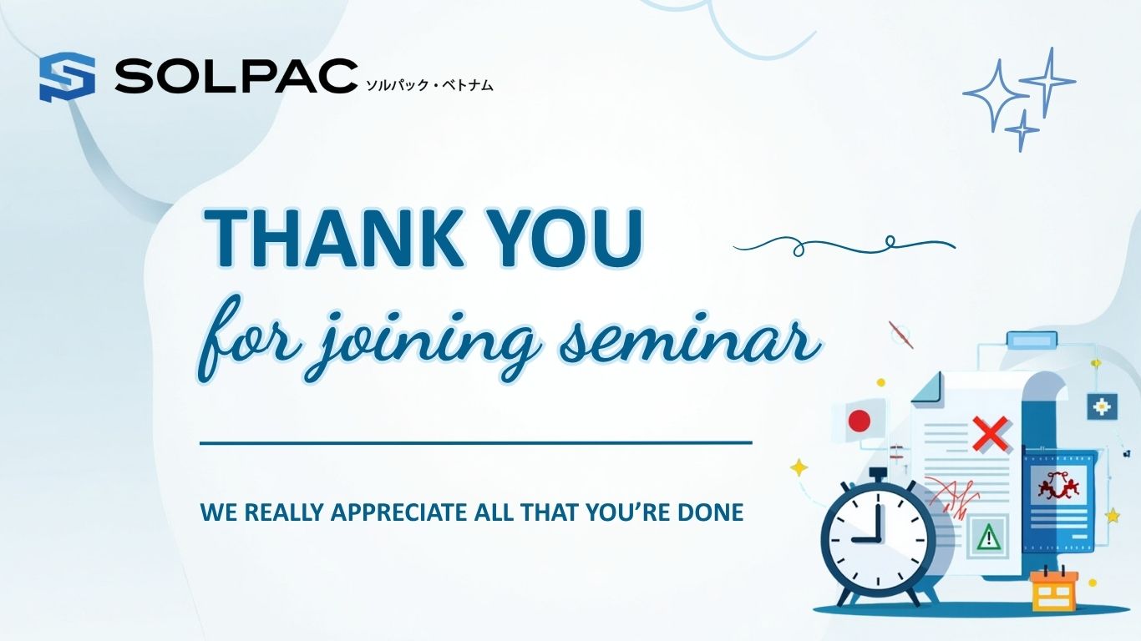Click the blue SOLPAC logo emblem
point(67,77)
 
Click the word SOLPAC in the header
point(236,76)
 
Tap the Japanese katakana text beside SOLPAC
point(429,85)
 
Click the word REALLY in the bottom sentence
point(284,512)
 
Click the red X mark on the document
point(990,434)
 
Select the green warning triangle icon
point(988,537)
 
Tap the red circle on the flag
point(860,421)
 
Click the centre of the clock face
point(878,539)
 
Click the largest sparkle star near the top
point(996,95)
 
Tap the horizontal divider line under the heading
point(476,443)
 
